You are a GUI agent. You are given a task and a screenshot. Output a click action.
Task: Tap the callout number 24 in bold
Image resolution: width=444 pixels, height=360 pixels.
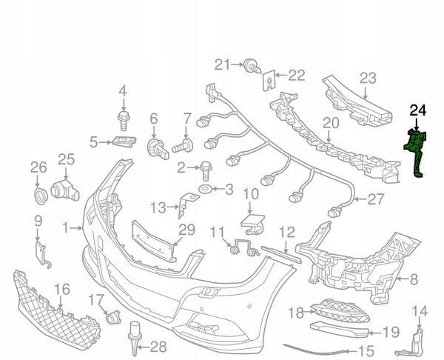coord(418,112)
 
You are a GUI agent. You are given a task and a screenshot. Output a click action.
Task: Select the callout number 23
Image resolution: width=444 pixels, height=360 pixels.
coord(369,78)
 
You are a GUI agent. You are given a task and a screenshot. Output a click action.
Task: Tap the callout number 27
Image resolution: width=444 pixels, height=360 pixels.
coord(376,198)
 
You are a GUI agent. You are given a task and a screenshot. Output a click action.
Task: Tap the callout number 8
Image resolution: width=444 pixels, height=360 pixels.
coord(414,279)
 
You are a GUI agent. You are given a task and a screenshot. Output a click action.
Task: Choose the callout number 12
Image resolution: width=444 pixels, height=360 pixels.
coord(286,232)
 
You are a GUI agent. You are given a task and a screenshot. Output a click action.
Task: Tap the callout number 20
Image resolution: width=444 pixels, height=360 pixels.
coord(330,123)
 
